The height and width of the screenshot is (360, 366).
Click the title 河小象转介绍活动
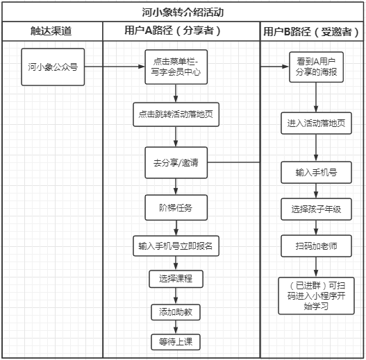click(x=183, y=12)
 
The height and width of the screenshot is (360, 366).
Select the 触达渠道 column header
click(x=51, y=31)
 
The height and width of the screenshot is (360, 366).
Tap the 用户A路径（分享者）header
click(x=172, y=31)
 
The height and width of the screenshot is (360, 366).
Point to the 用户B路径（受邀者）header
click(x=311, y=31)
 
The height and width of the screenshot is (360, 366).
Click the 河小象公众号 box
click(x=53, y=67)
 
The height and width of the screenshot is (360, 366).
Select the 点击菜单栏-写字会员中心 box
click(x=176, y=67)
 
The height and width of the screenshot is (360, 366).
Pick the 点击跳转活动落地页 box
click(x=176, y=114)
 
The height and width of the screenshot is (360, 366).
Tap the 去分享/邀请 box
click(x=176, y=162)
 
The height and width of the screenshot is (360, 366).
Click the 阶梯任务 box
click(x=176, y=207)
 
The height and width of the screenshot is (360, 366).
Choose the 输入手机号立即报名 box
click(x=176, y=246)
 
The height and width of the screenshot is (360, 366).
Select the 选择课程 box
click(x=176, y=279)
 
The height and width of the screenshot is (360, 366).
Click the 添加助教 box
click(x=176, y=312)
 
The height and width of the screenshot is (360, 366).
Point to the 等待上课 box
click(x=176, y=342)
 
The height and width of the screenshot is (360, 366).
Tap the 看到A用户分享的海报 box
click(x=316, y=67)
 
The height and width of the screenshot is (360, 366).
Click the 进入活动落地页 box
click(x=316, y=123)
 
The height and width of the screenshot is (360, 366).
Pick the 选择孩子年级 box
click(x=316, y=209)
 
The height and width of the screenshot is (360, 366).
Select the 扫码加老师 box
click(x=316, y=246)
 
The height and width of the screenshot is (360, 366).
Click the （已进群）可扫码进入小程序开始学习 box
click(x=316, y=296)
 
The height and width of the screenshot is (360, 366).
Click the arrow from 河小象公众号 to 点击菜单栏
click(x=115, y=67)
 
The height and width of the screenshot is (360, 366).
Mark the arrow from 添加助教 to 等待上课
click(x=176, y=327)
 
